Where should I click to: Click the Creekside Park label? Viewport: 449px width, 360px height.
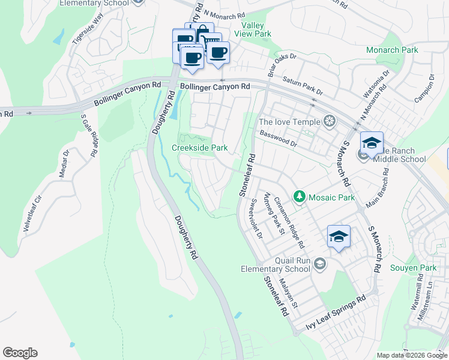coord(200,148)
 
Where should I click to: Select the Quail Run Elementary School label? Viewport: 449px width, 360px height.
coord(284,265)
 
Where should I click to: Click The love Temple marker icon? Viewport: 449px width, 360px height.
coord(329,122)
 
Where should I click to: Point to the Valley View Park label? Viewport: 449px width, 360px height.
coord(256,30)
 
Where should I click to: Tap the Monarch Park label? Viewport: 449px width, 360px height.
coord(392,50)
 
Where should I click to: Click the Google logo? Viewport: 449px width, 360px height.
coord(20,353)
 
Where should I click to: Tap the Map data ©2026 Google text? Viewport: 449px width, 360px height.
coord(411,355)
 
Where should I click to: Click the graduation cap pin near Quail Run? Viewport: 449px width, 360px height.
coord(339,236)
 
